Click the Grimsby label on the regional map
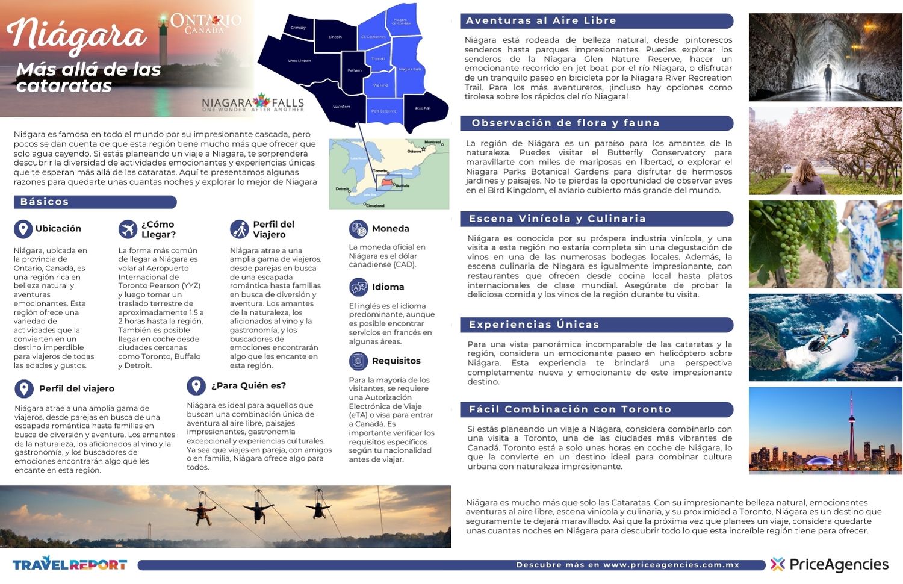298,28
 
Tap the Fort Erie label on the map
423,108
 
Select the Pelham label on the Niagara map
355,70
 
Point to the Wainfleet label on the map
341,107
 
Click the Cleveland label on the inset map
375,205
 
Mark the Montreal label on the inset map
433,143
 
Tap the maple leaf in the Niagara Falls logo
261,101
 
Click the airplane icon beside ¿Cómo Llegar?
128,229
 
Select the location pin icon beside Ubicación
23,229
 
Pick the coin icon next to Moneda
358,229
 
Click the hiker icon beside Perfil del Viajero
239,229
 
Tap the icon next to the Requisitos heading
358,361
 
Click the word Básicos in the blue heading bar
45,202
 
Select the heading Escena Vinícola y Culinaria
557,219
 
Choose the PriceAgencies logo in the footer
830,564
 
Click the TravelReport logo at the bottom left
70,564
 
